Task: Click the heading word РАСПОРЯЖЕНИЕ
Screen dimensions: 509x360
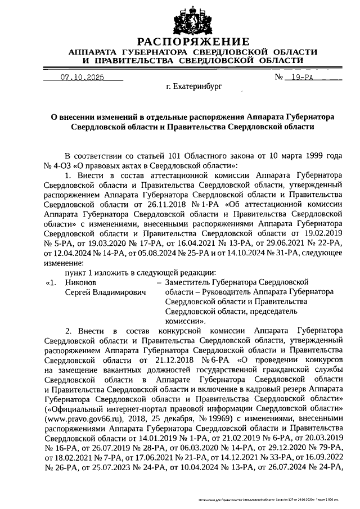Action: [193, 42]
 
